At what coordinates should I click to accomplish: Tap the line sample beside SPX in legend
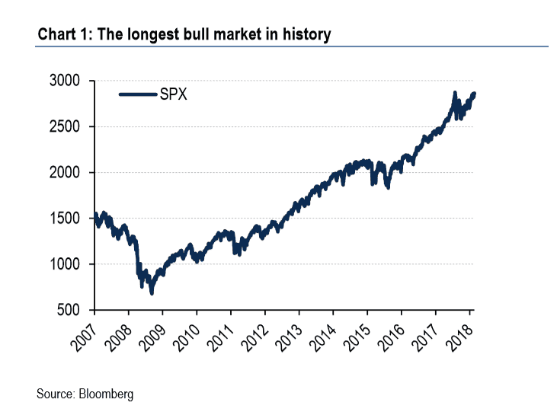coord(137,94)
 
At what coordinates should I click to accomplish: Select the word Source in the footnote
coord(54,394)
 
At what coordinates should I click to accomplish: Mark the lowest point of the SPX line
coord(152,292)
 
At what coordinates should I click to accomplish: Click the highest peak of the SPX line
coord(455,94)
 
